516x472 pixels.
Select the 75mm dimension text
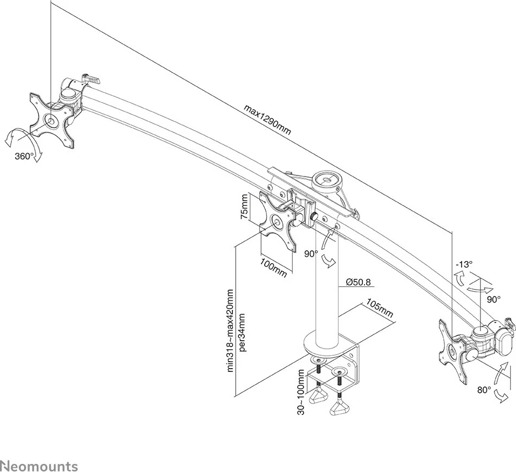pos(245,207)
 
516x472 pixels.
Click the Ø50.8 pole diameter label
pos(357,281)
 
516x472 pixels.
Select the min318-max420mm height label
pos(230,330)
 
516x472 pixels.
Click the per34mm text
pos(242,332)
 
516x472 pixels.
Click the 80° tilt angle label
pos(483,390)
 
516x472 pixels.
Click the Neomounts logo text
pos(39,466)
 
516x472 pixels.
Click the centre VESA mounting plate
pos(278,221)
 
